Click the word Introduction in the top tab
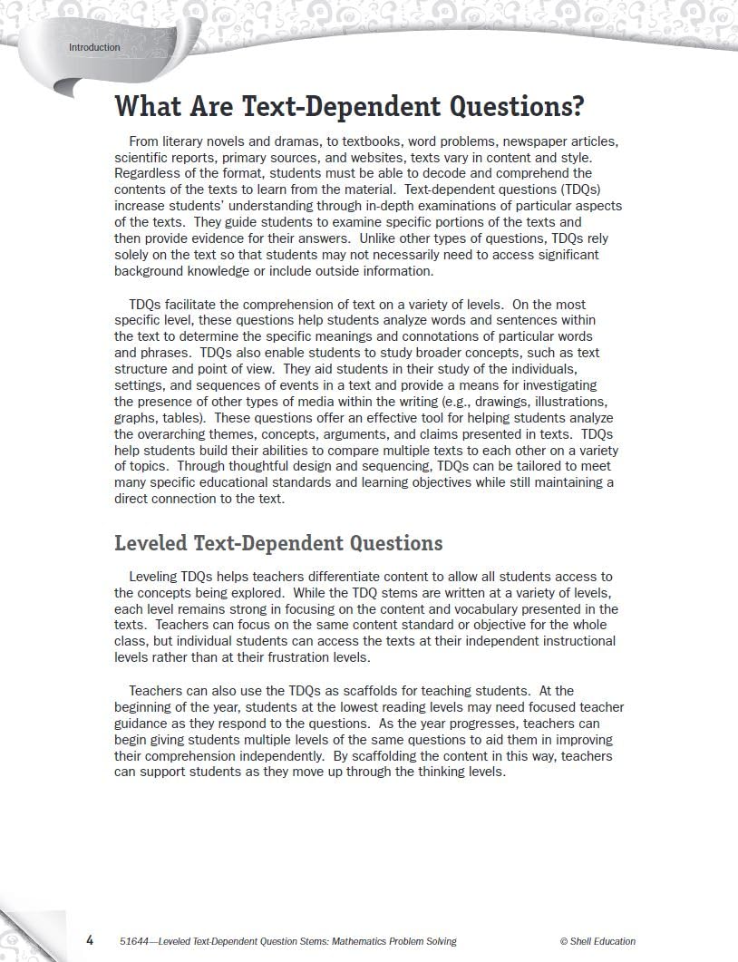pyautogui.click(x=94, y=47)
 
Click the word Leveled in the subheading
pyautogui.click(x=151, y=543)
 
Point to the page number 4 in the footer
pyautogui.click(x=90, y=940)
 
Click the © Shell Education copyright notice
pyautogui.click(x=597, y=941)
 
